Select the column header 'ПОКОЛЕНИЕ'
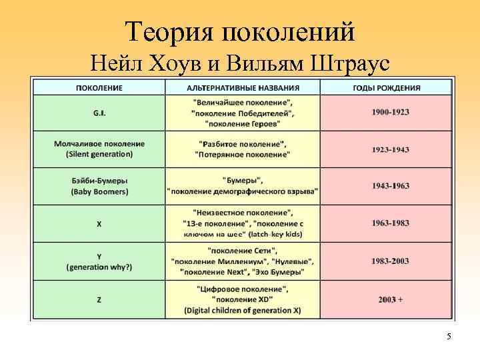point(99,88)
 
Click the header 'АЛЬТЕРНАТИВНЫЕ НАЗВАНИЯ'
point(243,88)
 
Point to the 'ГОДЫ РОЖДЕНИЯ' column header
point(386,88)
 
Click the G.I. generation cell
point(99,113)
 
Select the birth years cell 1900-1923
point(390,112)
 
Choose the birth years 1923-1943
point(390,149)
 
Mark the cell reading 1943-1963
point(390,186)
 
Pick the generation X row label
point(99,224)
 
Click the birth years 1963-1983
point(390,223)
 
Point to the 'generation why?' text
point(99,267)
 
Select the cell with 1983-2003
point(390,261)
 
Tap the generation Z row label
point(99,300)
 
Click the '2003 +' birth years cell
point(390,300)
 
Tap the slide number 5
point(449,337)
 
